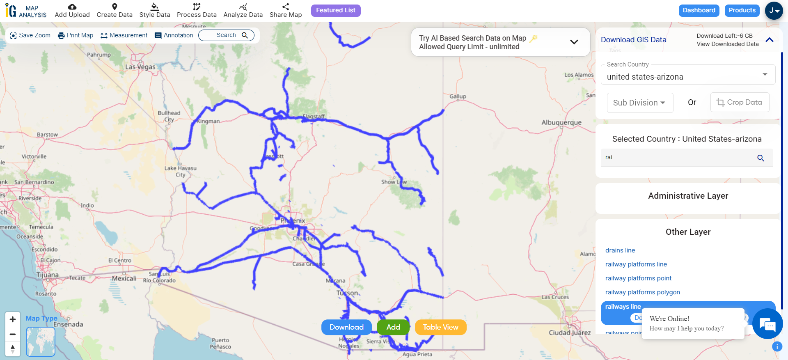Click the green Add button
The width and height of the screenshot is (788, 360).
point(393,327)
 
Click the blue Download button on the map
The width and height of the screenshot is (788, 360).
point(346,327)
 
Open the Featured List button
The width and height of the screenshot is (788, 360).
point(335,11)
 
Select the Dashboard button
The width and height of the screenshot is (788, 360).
point(699,11)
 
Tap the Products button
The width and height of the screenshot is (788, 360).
point(742,11)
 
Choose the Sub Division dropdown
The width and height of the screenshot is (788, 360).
point(639,103)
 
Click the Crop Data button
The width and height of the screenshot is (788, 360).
point(739,102)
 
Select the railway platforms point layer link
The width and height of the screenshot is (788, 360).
point(638,278)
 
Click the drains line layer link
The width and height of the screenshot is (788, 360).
point(620,250)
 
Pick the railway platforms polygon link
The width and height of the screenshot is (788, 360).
point(642,292)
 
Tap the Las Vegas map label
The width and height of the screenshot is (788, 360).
point(140,67)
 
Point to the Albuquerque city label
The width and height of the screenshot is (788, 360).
point(561,123)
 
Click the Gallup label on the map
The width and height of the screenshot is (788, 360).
point(458,96)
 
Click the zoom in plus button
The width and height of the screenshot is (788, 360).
point(13,319)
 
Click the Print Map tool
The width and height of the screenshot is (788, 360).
point(76,35)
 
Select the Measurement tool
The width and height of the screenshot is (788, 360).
point(124,35)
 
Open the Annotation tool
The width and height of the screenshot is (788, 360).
point(174,35)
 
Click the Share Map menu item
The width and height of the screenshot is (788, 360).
point(285,11)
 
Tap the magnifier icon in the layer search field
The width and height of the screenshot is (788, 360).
point(760,158)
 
